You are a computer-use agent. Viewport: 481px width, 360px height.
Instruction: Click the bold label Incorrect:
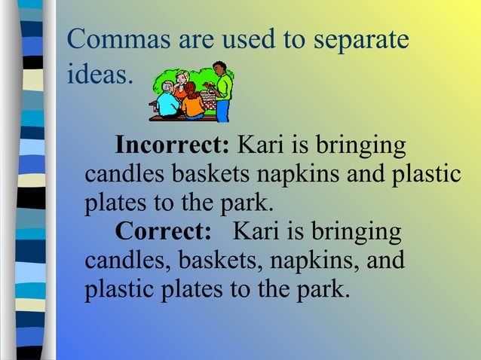[x=172, y=144]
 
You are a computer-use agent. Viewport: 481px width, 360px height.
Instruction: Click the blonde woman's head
[x=182, y=77]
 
